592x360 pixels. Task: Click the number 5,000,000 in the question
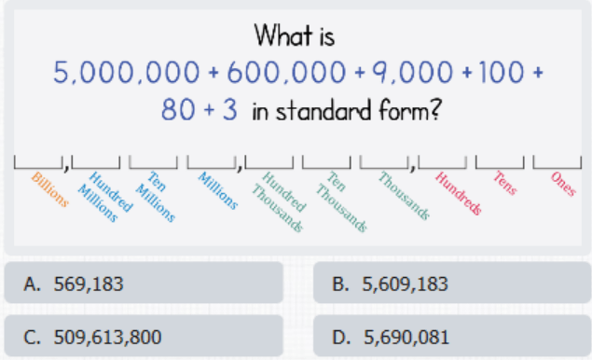click(x=126, y=72)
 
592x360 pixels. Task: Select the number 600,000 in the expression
click(x=286, y=72)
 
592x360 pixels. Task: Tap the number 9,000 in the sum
click(x=412, y=72)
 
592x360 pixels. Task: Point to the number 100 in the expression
click(x=502, y=72)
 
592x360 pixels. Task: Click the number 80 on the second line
click(x=178, y=110)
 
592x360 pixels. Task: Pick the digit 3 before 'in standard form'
click(x=230, y=110)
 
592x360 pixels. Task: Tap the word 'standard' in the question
click(x=324, y=111)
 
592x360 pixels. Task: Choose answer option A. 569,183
click(x=144, y=283)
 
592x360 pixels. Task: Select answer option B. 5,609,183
click(x=452, y=283)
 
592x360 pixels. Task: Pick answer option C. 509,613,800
click(x=144, y=336)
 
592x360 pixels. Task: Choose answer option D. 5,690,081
click(x=452, y=336)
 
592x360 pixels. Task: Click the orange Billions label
click(x=50, y=189)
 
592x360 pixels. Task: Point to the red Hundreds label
click(x=459, y=193)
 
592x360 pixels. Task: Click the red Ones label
click(x=563, y=184)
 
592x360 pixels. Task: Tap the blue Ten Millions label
click(x=156, y=197)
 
